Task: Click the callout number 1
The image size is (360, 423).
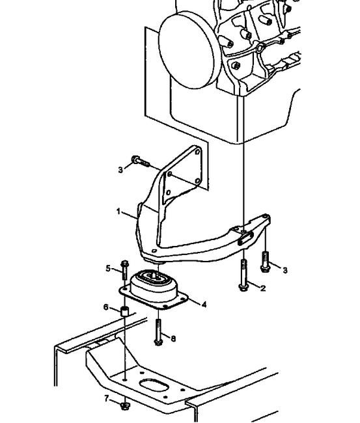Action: tap(118, 211)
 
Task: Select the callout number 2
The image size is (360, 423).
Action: tap(263, 288)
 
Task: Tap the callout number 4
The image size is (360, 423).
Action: tap(204, 305)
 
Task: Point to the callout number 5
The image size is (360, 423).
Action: tap(108, 268)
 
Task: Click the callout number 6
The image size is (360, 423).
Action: tap(106, 307)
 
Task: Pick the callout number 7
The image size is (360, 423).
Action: tap(107, 398)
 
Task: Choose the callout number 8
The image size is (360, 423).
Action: tap(173, 338)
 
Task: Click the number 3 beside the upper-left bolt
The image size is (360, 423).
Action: tap(120, 170)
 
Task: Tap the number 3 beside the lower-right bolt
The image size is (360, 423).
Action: tap(285, 270)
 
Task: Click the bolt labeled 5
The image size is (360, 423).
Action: tap(124, 270)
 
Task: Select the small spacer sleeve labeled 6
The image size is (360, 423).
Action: tap(124, 311)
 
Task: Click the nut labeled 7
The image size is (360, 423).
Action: tap(124, 405)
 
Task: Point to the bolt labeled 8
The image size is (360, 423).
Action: tap(158, 332)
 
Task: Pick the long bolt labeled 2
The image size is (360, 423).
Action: tap(243, 275)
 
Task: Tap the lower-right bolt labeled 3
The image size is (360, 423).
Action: tap(265, 262)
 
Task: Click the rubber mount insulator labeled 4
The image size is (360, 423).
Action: tap(154, 289)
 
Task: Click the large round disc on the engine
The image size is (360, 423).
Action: tap(187, 50)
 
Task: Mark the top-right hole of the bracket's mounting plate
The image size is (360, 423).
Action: tap(197, 152)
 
